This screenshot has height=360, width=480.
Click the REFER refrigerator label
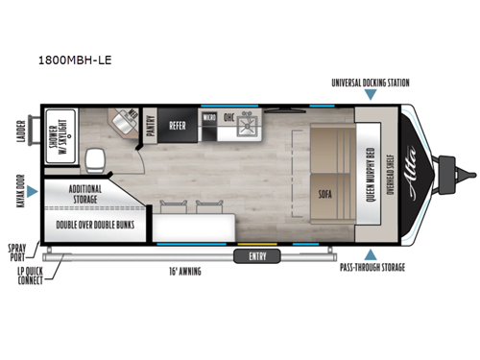[x=178, y=124]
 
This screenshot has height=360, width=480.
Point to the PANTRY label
[x=148, y=125]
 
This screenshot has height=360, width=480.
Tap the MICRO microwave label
[x=208, y=118]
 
